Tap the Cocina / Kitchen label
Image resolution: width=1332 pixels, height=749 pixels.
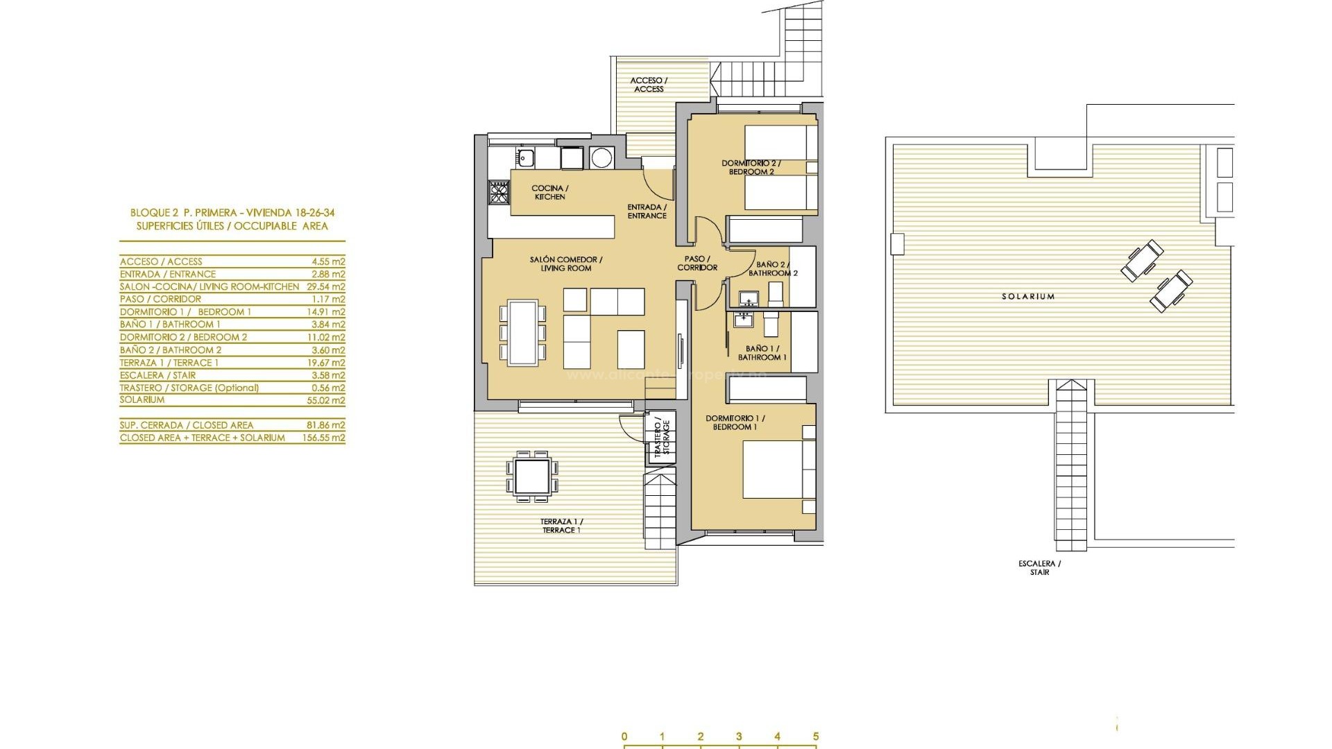(x=549, y=193)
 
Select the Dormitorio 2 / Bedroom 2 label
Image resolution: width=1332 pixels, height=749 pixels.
(x=751, y=168)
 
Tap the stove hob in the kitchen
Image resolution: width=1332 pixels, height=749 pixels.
(x=499, y=191)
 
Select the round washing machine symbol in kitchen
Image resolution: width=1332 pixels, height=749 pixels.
(x=601, y=157)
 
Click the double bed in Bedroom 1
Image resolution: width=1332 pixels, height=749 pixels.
(x=777, y=470)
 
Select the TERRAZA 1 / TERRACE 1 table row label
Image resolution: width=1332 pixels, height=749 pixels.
(x=169, y=363)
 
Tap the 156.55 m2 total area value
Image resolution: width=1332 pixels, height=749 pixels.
(x=327, y=438)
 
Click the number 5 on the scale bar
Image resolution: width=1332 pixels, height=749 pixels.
(x=815, y=737)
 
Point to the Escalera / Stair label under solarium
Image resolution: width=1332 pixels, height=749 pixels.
(x=1039, y=568)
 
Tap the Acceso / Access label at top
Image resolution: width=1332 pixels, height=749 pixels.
(x=649, y=85)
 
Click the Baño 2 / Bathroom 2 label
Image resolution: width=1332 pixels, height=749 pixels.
(x=771, y=268)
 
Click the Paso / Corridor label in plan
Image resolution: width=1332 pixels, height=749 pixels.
(x=697, y=263)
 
